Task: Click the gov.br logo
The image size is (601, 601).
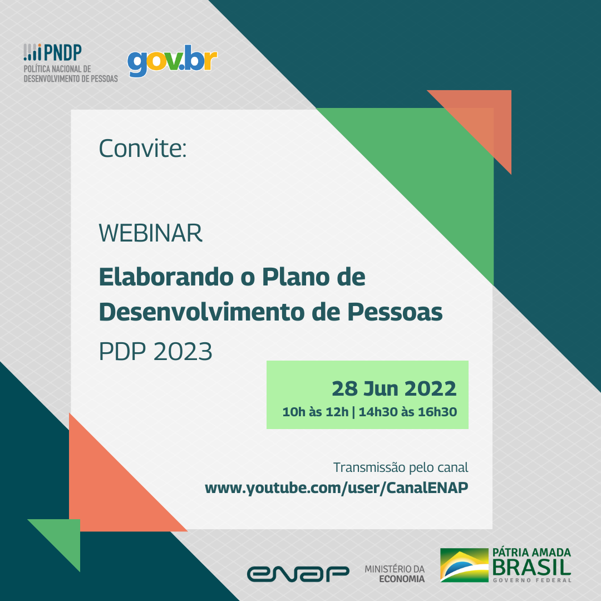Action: [x=172, y=60]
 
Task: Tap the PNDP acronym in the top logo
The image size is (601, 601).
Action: [x=63, y=52]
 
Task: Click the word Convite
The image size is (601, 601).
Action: [x=142, y=149]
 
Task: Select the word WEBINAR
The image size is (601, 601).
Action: [x=150, y=233]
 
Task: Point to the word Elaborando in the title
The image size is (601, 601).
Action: [x=166, y=277]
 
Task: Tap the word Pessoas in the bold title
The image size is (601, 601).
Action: [x=395, y=312]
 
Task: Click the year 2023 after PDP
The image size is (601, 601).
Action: [x=183, y=352]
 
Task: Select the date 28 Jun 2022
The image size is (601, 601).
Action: [x=394, y=388]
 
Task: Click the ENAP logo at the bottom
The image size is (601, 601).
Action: [x=298, y=574]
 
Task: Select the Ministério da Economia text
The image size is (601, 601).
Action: [x=395, y=574]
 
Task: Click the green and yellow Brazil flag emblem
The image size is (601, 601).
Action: [x=464, y=565]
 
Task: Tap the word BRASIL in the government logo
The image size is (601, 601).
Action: [x=531, y=567]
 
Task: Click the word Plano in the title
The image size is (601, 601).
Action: [x=296, y=277]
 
